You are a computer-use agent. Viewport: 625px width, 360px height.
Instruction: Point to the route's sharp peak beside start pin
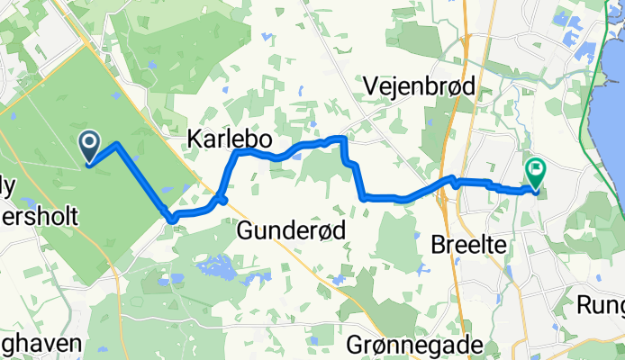(117, 145)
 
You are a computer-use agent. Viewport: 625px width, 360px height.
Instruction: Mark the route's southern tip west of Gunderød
(170, 218)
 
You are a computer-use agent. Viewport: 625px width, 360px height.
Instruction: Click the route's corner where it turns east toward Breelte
(362, 195)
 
